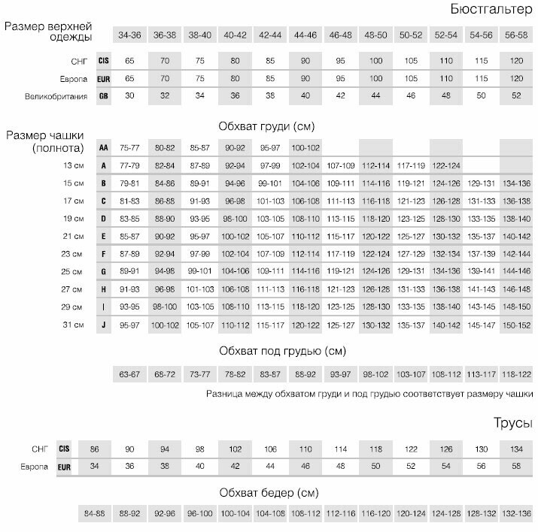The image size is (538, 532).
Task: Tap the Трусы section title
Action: coord(515,423)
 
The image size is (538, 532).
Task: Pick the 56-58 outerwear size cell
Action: coord(515,35)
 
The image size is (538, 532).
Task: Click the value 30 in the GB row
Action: coord(129,96)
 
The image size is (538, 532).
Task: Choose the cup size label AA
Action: coord(104,148)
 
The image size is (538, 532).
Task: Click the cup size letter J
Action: coord(104,324)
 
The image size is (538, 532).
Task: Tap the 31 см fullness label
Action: coord(73,324)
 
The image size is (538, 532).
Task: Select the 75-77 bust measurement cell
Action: coord(129,148)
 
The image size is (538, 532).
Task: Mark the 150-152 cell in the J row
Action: coord(515,324)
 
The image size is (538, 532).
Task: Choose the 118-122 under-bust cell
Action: coord(515,373)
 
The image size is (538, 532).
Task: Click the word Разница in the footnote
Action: coord(225,393)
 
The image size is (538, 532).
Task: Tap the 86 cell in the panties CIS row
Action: coord(95,449)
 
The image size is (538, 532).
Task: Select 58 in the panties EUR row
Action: coord(515,466)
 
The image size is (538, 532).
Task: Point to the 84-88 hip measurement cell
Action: coord(95,513)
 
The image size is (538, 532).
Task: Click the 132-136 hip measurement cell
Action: coord(515,513)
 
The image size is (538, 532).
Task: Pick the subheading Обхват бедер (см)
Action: coord(269,493)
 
